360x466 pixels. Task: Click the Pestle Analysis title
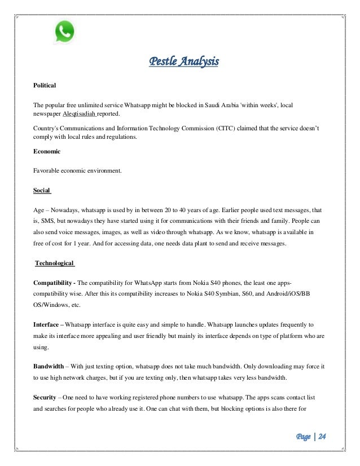(x=183, y=60)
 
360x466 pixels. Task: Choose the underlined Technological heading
(x=55, y=263)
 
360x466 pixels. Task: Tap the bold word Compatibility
(x=54, y=282)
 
